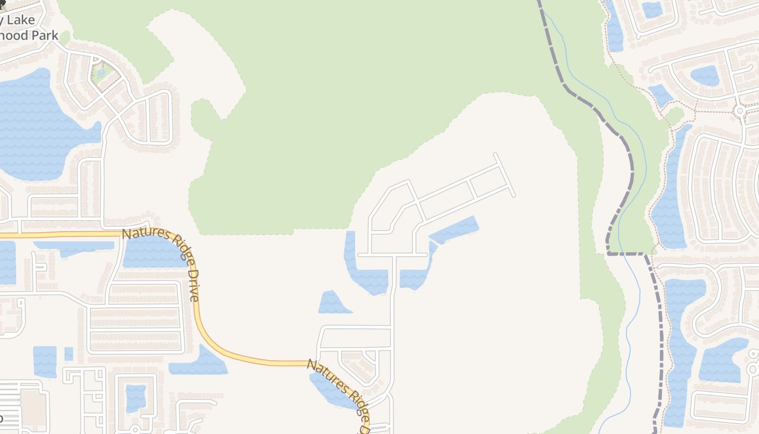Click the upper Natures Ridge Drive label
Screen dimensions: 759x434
pos(162,264)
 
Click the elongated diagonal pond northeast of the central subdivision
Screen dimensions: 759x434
pos(455,229)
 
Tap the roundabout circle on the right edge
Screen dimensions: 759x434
pos(739,111)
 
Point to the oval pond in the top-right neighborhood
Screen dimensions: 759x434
pos(705,75)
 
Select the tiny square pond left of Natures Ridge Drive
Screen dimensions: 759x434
pos(68,354)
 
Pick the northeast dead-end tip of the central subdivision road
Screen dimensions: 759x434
pos(496,156)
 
